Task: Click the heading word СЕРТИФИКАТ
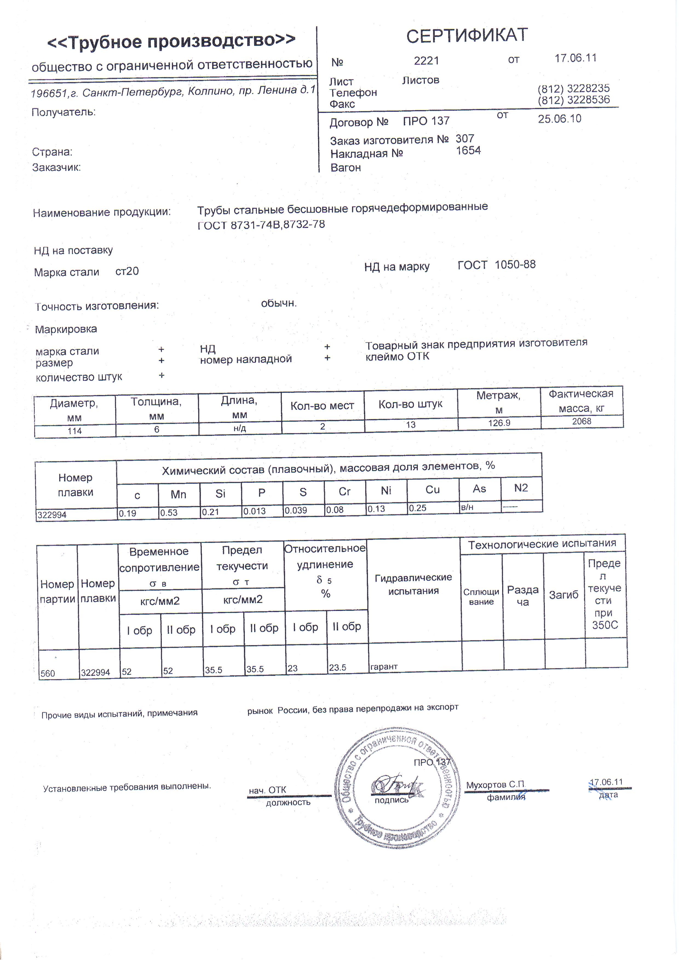click(467, 36)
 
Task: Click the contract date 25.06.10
click(559, 119)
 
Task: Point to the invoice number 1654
click(468, 151)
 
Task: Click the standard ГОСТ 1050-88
click(496, 265)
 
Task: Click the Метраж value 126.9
click(499, 423)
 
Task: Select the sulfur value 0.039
click(296, 511)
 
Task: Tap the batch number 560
click(48, 673)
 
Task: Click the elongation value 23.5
click(337, 668)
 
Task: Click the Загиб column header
click(563, 595)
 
